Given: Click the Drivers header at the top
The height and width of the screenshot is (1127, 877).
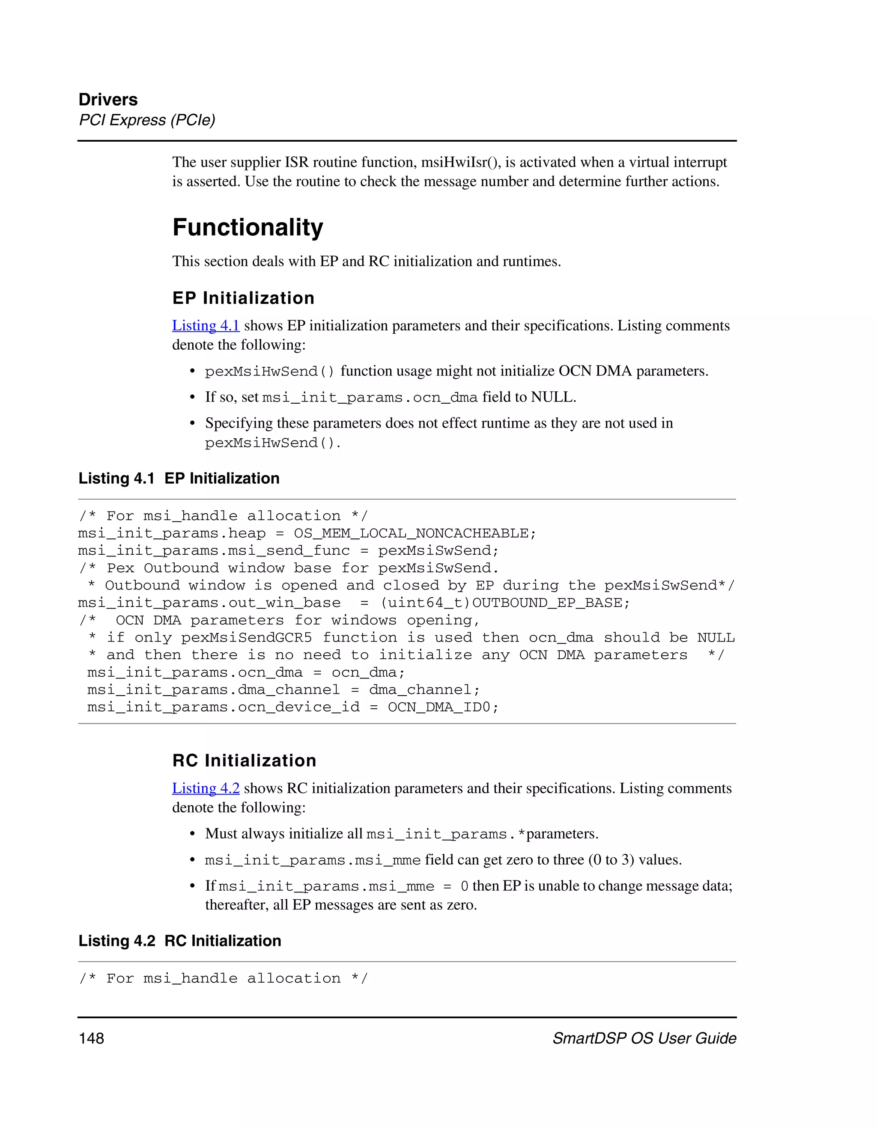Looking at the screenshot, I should click(108, 100).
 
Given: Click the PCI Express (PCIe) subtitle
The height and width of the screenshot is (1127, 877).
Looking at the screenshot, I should click(147, 120).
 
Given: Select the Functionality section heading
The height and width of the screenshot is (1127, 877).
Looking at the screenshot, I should click(248, 228).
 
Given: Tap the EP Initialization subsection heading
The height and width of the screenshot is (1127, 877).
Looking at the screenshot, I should click(243, 298).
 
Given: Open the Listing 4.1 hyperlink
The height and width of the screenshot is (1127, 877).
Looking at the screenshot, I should click(206, 326).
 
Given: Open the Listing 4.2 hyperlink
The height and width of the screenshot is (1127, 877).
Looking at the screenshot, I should click(206, 788).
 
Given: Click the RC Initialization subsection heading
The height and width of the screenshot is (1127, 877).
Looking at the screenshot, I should click(244, 761).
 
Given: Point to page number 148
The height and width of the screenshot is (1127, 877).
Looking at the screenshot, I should click(91, 1038).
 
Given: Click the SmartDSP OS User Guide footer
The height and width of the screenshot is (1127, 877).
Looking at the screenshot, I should click(644, 1038).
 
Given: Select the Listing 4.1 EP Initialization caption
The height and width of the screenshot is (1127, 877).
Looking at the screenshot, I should click(179, 479).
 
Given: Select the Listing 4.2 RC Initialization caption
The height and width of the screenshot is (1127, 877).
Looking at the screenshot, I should click(179, 941).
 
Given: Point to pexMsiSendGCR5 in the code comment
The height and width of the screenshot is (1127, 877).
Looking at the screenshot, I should click(246, 638).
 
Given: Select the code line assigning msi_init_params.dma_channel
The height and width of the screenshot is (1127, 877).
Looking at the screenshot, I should click(283, 690).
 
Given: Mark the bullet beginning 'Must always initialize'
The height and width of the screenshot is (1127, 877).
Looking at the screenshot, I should click(402, 834).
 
